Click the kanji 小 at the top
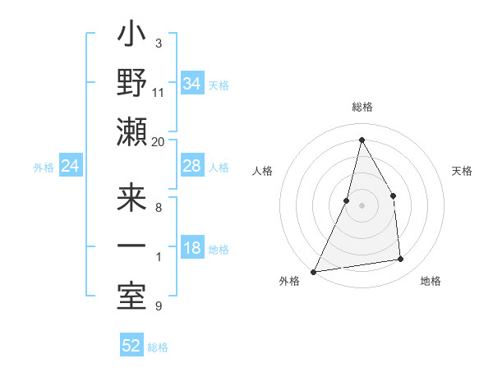131,38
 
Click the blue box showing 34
191,84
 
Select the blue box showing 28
191,166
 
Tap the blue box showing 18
191,249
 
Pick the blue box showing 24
70,167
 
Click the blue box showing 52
131,346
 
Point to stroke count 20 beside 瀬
158,141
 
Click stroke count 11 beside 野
158,92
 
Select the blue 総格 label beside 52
158,347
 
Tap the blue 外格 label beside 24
44,168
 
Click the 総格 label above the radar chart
362,107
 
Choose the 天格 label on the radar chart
463,171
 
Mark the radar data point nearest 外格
314,271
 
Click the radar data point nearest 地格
401,260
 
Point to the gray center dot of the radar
362,205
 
